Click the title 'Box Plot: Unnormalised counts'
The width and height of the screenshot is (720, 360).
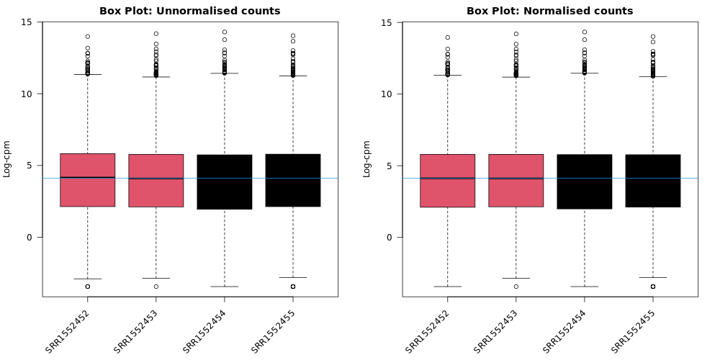[189, 11]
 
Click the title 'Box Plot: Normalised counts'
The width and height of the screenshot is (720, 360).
[549, 11]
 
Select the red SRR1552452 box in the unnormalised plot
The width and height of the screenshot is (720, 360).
[87, 180]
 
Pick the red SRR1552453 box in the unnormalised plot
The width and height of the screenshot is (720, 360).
[156, 181]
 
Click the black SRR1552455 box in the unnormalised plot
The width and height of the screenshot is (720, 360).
[293, 180]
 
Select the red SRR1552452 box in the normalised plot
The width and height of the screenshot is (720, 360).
[447, 181]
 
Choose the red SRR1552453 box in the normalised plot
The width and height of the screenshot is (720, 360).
[516, 181]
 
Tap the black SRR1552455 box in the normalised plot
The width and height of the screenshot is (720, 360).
[653, 181]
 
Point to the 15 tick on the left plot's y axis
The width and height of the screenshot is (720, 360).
[27, 22]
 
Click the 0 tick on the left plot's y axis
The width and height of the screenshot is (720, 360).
[30, 237]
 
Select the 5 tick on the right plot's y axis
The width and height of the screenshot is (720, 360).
[390, 166]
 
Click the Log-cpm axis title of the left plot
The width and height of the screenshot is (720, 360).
[7, 158]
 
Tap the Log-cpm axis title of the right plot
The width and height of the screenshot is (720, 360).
[367, 158]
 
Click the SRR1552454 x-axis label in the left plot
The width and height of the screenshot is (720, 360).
[205, 330]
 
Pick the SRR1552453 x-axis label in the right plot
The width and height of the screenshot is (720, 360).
[496, 330]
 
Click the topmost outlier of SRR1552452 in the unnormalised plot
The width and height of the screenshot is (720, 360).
[87, 36]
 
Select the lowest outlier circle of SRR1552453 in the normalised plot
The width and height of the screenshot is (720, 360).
[516, 287]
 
